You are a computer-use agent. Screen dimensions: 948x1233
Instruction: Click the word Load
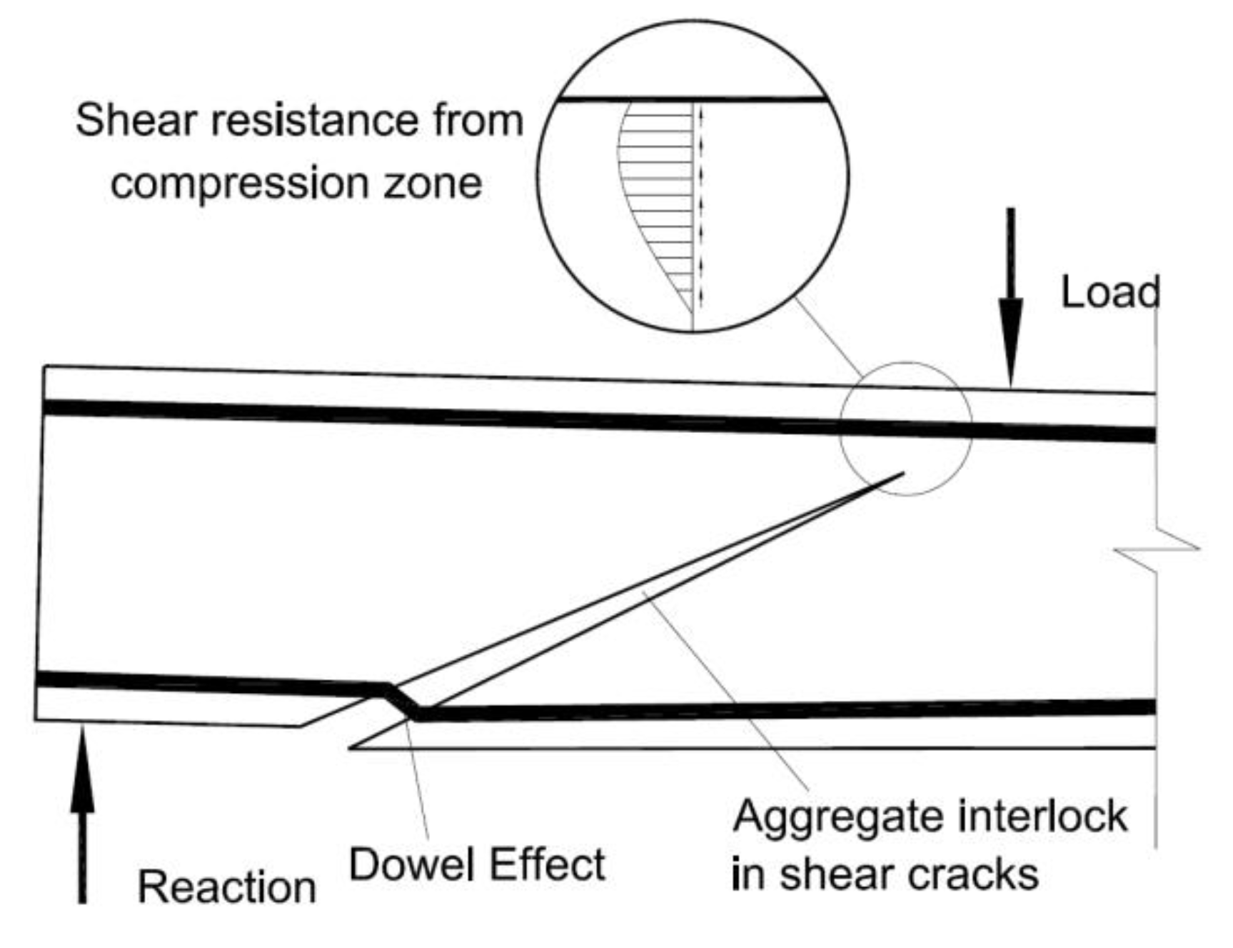(1109, 293)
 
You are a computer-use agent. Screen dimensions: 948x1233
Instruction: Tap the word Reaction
(226, 887)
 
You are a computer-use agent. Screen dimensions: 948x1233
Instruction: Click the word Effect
(548, 864)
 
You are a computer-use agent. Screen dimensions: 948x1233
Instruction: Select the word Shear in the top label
(136, 120)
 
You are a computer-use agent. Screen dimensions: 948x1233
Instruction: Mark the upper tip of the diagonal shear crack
(902, 473)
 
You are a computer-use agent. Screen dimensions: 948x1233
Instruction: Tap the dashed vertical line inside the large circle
(701, 207)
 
